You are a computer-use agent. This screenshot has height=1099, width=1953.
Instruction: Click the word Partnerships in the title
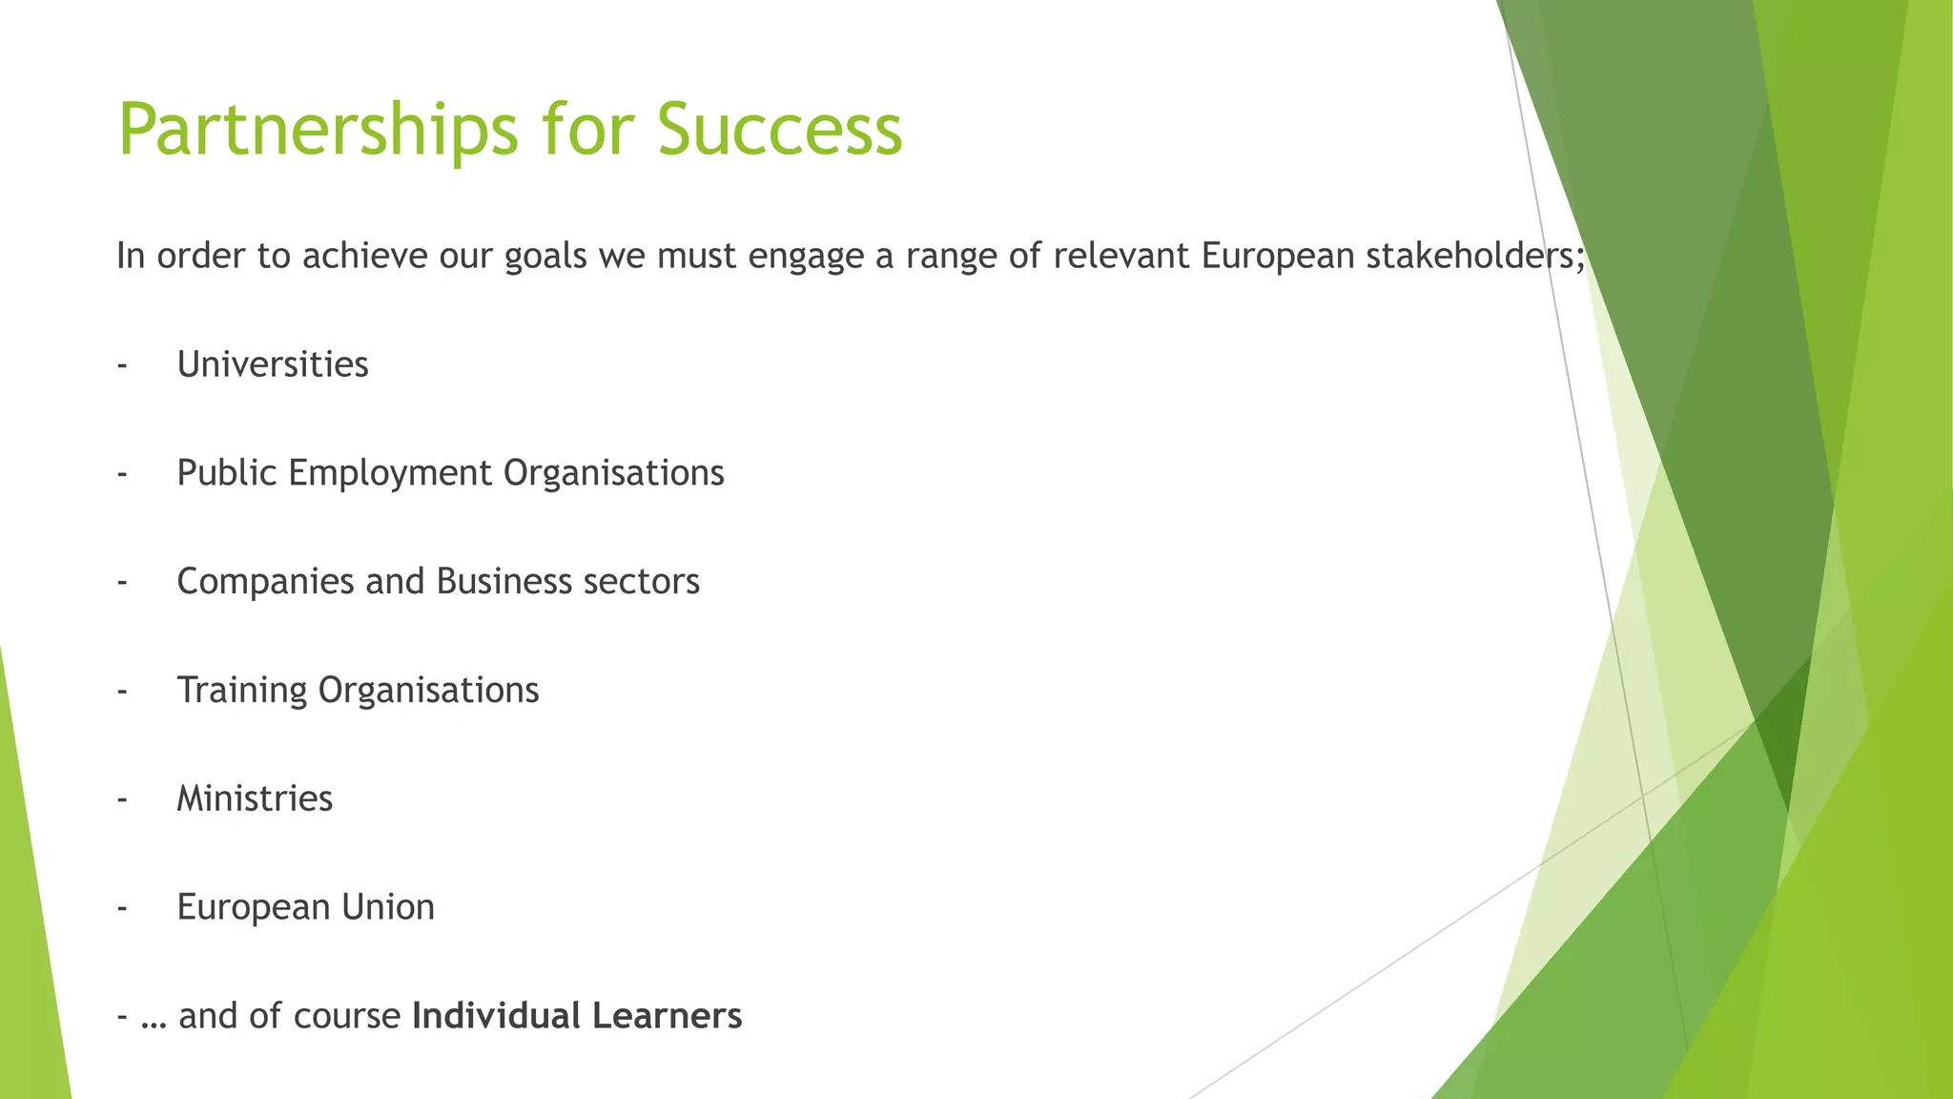[x=319, y=130]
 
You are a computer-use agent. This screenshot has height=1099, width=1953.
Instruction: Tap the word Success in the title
[x=779, y=130]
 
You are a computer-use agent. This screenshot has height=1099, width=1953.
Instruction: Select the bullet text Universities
[x=273, y=364]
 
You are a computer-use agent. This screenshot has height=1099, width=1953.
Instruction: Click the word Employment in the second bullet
[x=390, y=473]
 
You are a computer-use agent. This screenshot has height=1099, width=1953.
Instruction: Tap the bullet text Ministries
[x=255, y=798]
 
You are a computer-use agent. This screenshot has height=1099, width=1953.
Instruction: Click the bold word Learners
[x=667, y=1016]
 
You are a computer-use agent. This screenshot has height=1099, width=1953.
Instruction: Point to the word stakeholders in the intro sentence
[x=1474, y=256]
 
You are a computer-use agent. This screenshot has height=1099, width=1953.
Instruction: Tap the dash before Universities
[x=122, y=365]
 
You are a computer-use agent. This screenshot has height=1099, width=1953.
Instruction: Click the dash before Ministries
[x=122, y=799]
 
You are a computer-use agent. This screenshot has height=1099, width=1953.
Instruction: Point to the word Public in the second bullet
[x=227, y=473]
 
